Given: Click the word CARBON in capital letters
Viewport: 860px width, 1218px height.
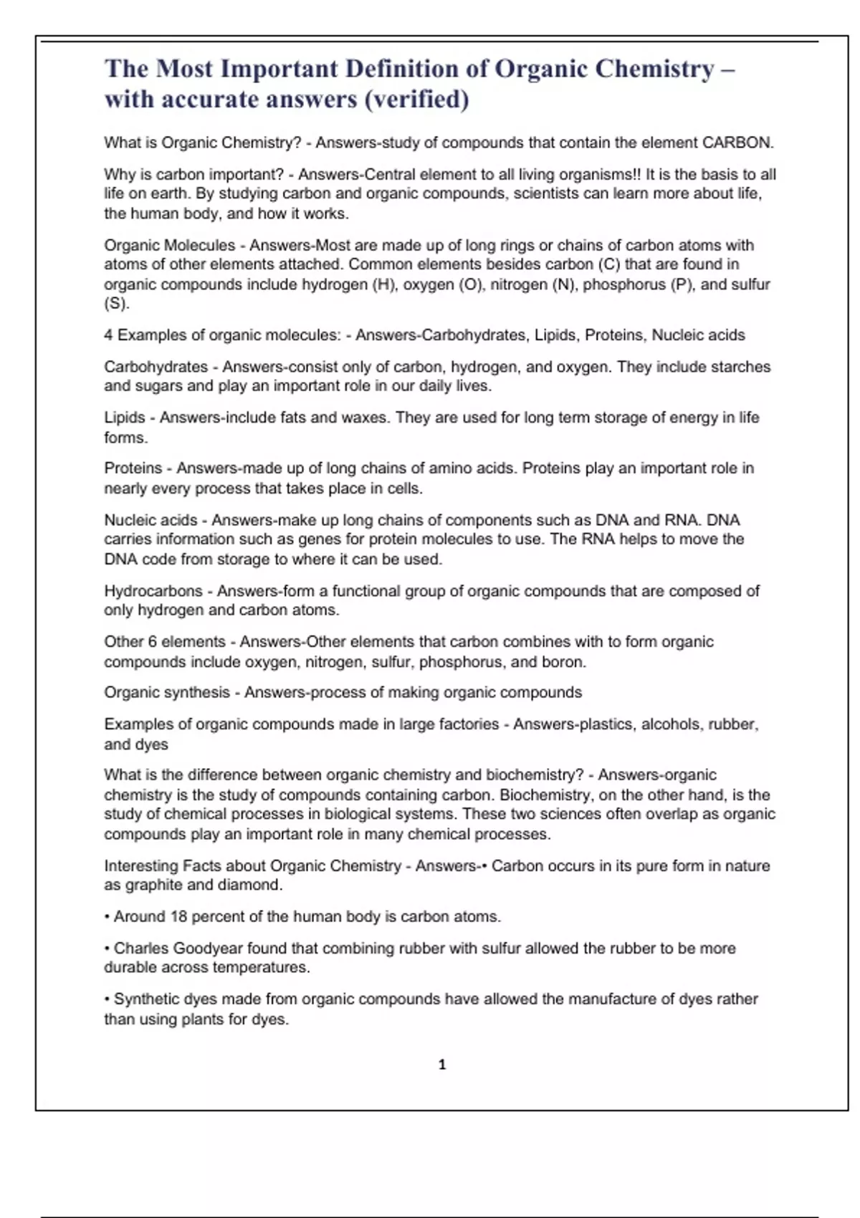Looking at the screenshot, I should pyautogui.click(x=736, y=143).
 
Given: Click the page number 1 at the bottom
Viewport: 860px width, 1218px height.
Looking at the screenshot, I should pyautogui.click(x=442, y=1065).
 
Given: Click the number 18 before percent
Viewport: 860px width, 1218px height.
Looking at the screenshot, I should pyautogui.click(x=178, y=916).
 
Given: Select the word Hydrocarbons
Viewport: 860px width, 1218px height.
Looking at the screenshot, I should pyautogui.click(x=153, y=591).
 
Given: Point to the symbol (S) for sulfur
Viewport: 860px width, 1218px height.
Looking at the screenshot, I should pyautogui.click(x=116, y=304).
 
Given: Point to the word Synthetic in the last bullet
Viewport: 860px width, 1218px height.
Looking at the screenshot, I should pyautogui.click(x=147, y=999).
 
